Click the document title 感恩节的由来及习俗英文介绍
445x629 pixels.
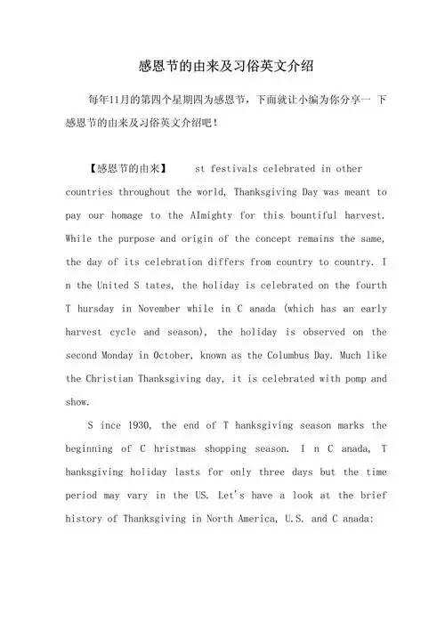[223, 66]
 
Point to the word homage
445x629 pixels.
[164, 215]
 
